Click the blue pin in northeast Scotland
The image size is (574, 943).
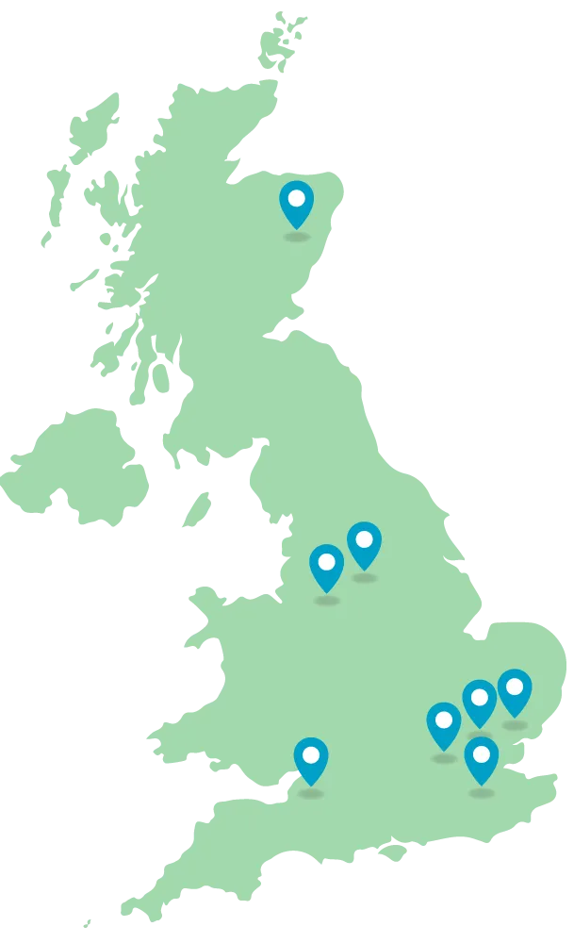point(297,204)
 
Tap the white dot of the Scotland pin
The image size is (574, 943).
point(297,198)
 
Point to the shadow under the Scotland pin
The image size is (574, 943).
point(297,236)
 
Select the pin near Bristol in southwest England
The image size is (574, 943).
point(311,760)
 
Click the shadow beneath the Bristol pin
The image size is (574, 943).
point(311,793)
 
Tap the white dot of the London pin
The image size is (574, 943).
point(482,753)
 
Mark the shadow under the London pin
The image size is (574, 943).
point(482,793)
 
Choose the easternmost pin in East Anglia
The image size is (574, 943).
point(515,692)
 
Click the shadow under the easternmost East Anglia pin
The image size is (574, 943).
point(515,725)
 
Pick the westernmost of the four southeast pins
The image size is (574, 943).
point(444,725)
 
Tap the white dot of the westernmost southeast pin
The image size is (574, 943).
point(444,720)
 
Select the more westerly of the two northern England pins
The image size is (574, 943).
point(327,567)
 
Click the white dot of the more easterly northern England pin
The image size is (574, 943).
point(364,539)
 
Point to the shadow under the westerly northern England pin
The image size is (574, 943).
point(327,600)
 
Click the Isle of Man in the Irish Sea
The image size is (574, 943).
point(197,509)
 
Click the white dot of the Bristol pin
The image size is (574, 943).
point(311,753)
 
